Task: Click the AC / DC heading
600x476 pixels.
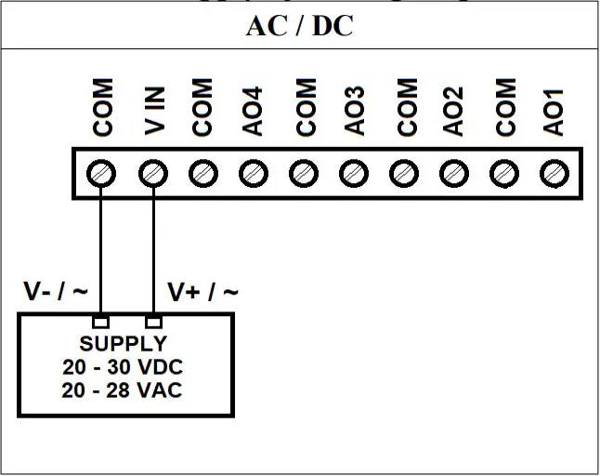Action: point(299,25)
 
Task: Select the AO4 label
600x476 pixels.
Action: point(254,111)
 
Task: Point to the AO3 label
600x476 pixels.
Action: point(354,111)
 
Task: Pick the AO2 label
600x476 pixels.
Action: point(454,111)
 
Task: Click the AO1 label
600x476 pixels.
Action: point(554,111)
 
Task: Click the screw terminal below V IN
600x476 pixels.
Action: point(153,173)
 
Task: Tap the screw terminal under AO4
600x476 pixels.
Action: point(252,173)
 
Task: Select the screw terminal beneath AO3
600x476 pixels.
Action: point(353,173)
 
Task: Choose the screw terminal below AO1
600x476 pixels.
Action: point(554,173)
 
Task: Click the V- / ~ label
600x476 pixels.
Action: point(56,292)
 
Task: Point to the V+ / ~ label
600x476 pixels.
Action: point(202,292)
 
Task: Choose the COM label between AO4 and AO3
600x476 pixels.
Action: point(304,107)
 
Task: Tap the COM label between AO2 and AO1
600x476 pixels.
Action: point(504,107)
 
